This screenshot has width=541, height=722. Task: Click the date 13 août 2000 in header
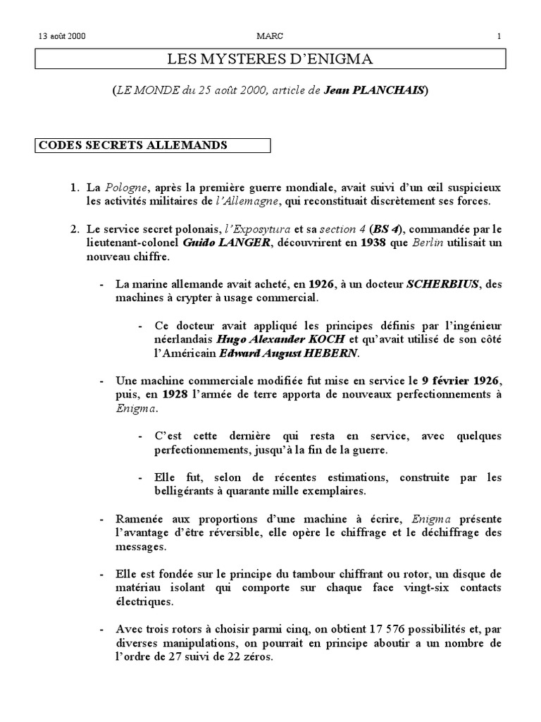(58, 36)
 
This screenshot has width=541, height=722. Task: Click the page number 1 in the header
(499, 36)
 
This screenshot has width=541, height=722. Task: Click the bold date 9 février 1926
(461, 381)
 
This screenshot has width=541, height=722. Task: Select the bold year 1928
(175, 394)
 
